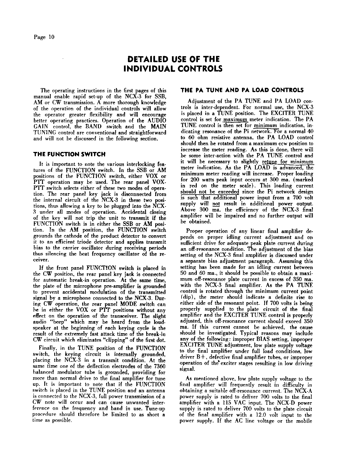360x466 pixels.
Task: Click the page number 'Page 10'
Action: [x=44, y=37]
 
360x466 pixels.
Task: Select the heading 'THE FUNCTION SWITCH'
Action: [x=69, y=154]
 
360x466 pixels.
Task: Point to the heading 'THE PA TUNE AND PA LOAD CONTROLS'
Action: [x=242, y=90]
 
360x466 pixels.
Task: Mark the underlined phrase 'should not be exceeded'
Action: [x=210, y=192]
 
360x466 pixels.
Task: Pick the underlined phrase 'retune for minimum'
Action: [x=288, y=162]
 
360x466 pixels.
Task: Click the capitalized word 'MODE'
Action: [x=129, y=304]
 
